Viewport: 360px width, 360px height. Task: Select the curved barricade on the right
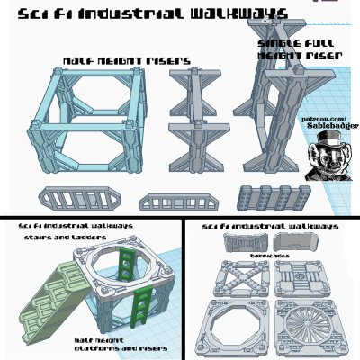(295, 243)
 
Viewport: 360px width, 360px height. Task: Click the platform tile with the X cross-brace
(239, 278)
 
